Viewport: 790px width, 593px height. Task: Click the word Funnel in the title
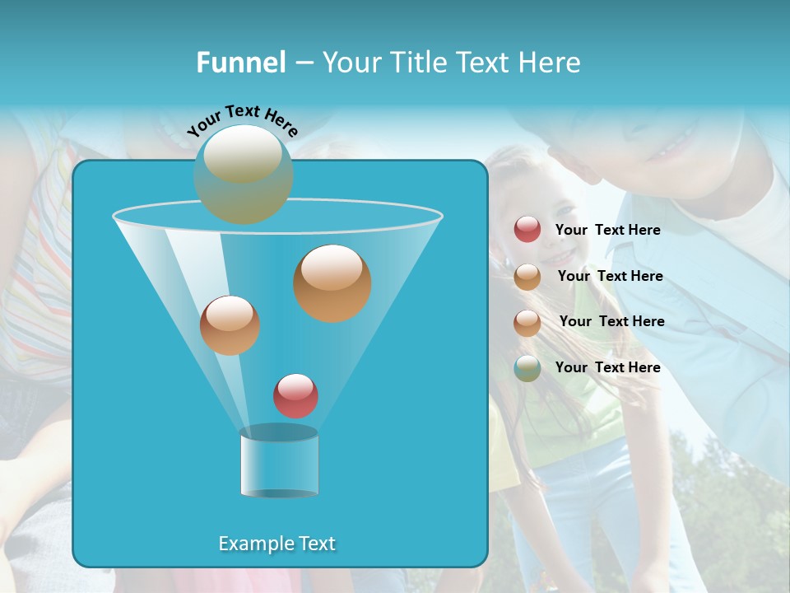[x=240, y=62]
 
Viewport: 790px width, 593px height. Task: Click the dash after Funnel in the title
[x=303, y=63]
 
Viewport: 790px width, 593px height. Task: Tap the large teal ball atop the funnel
[x=243, y=174]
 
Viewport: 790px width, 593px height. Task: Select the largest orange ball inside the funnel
[x=332, y=282]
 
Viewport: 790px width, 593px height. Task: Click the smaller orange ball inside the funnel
[x=230, y=325]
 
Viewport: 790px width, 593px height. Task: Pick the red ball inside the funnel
[x=295, y=395]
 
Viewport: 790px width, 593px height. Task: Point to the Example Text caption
[x=277, y=544]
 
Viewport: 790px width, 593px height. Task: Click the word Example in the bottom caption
[x=253, y=544]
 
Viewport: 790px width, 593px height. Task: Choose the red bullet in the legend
[x=527, y=230]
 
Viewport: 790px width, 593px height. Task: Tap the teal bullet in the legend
[x=527, y=367]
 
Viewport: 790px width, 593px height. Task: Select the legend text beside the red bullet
[x=607, y=230]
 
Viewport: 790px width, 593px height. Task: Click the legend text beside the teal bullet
[x=607, y=367]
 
